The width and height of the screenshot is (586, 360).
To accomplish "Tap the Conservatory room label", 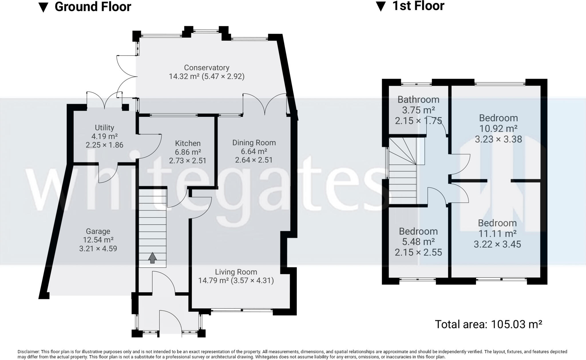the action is click(207, 68).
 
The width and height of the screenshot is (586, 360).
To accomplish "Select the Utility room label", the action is click(104, 128).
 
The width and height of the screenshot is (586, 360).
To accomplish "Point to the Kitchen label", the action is click(188, 143).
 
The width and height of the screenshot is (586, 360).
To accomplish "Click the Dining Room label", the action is click(254, 143).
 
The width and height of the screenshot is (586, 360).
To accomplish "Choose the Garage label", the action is click(98, 231).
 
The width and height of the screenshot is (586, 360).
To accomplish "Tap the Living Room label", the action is click(236, 272).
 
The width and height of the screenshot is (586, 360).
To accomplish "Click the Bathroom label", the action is click(418, 100).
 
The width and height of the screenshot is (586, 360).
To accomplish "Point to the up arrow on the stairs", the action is click(153, 258).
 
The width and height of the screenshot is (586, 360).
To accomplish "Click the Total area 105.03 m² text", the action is click(488, 324).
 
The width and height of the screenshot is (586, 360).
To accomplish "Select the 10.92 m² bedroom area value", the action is click(498, 129).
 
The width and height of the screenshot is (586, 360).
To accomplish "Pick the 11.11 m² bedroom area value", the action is click(498, 234).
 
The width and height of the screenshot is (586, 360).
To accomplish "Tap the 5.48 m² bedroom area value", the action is click(418, 242).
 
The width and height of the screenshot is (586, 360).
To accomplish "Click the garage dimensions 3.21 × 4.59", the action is click(98, 248).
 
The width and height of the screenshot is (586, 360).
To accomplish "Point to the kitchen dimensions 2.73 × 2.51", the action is click(188, 161).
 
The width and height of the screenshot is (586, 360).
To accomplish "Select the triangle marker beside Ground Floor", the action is click(43, 8).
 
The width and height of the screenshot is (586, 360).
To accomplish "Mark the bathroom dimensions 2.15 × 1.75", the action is click(418, 121).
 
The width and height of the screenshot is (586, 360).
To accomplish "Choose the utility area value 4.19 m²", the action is click(104, 136).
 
